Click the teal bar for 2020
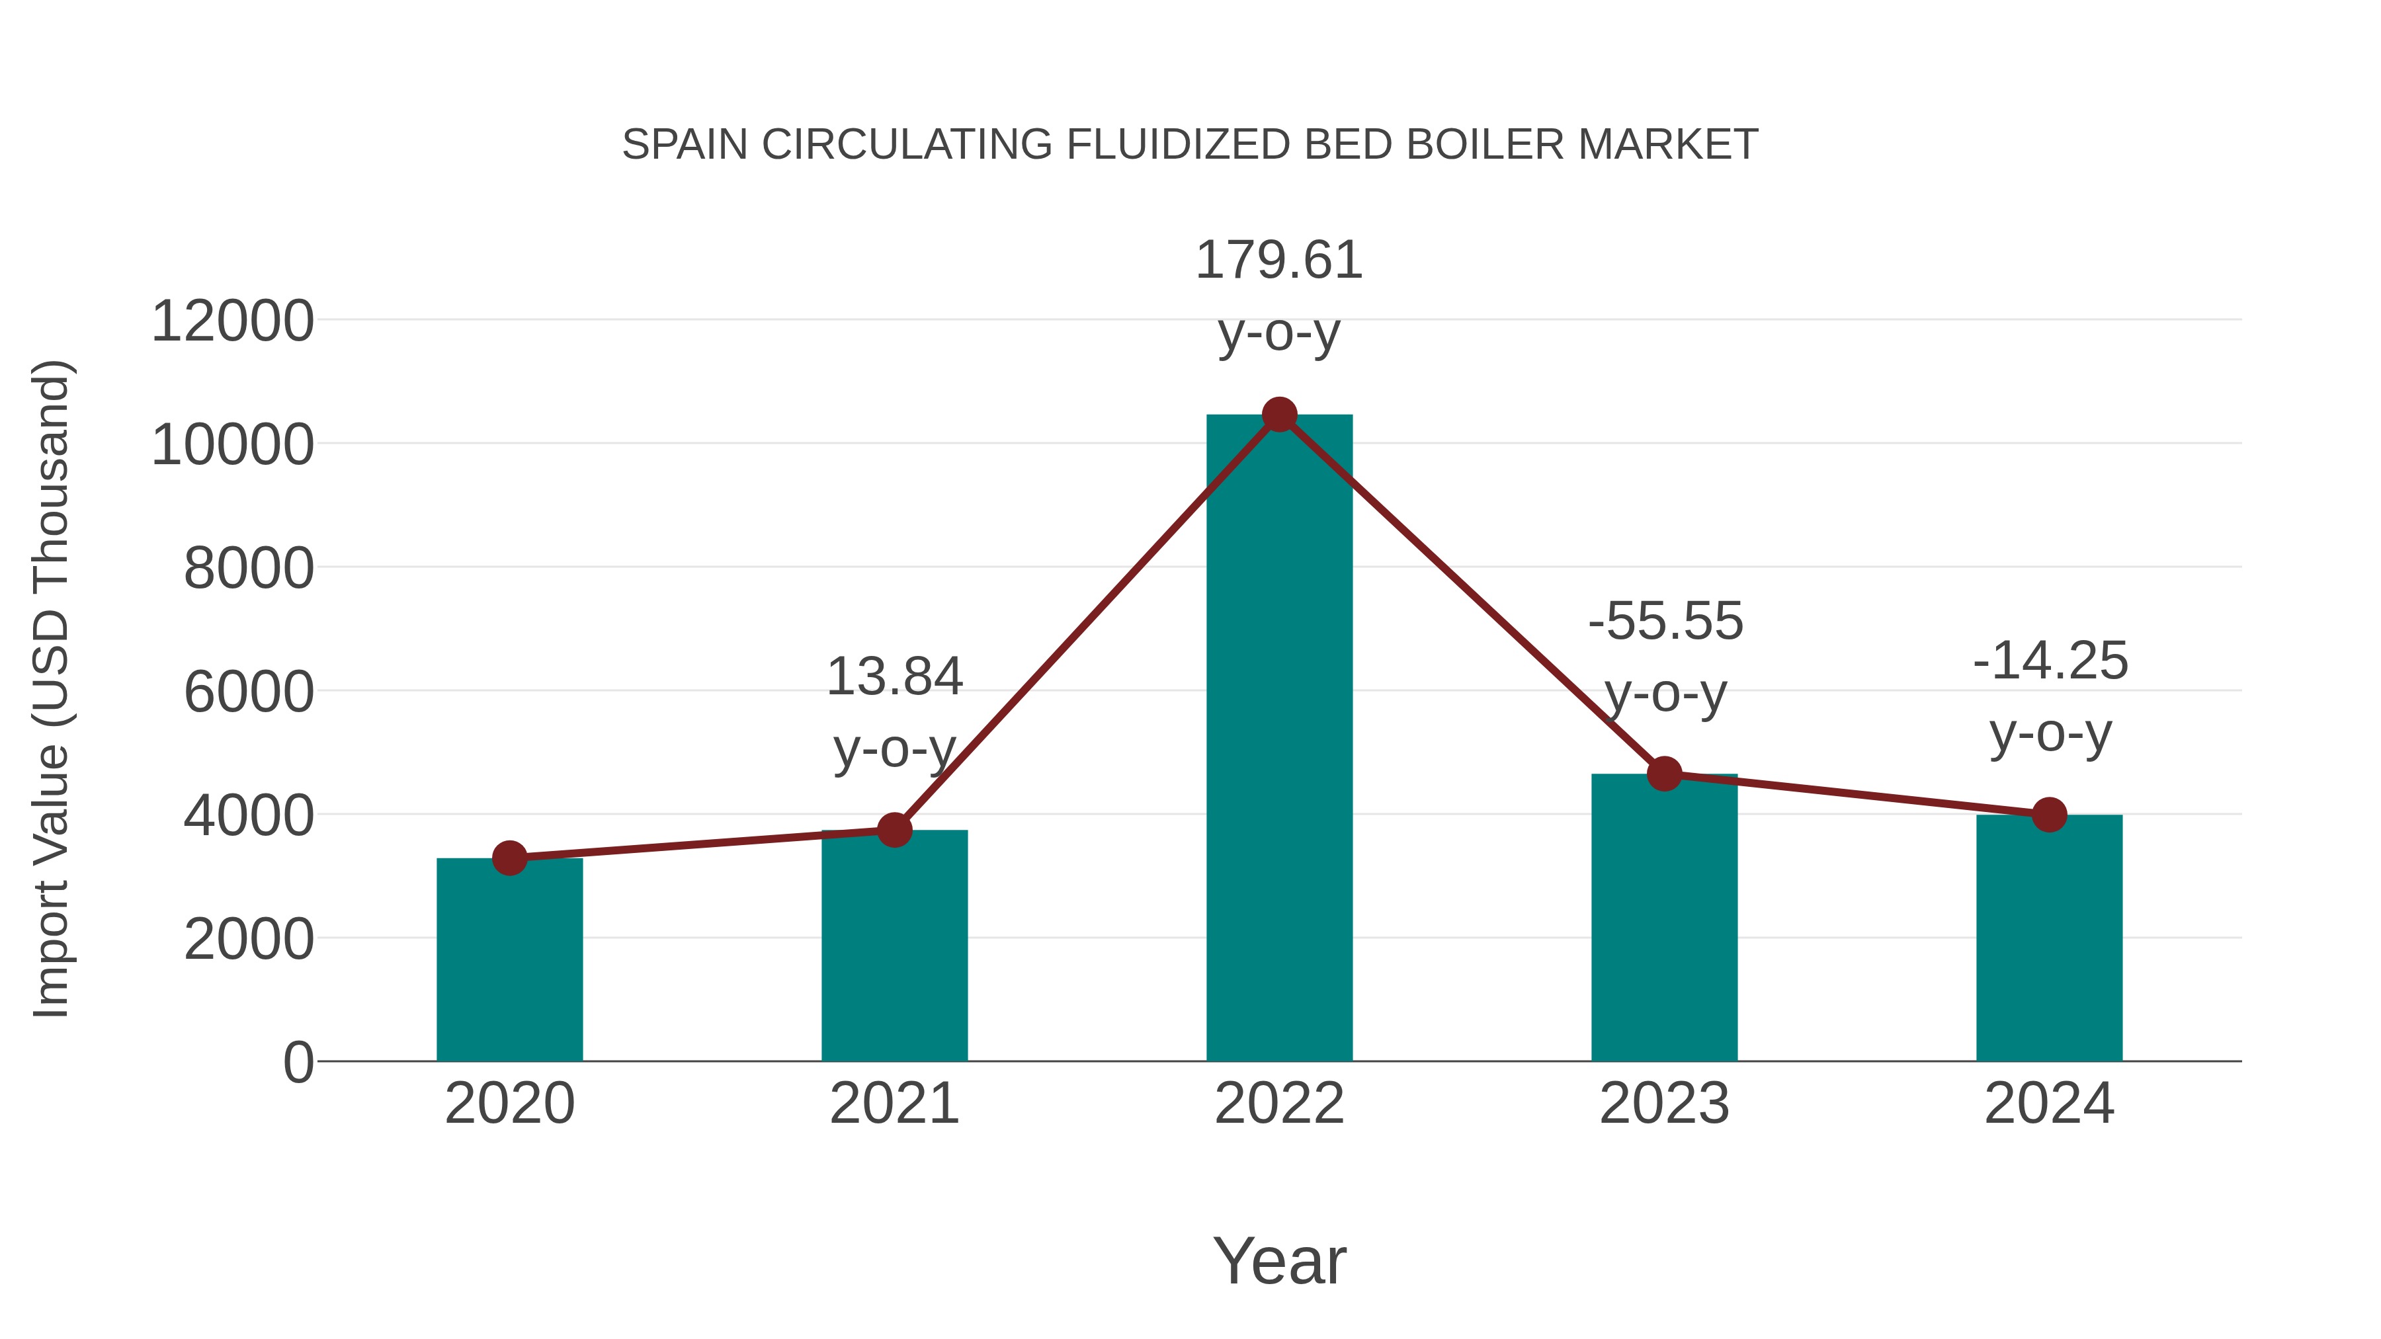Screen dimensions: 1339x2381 click(509, 961)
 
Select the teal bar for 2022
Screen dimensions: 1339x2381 click(1279, 739)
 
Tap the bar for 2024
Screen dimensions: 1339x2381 click(2049, 938)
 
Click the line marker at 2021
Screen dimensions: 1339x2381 click(894, 830)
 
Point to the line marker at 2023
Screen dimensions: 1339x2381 click(1664, 774)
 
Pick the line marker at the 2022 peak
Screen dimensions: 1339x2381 click(1279, 415)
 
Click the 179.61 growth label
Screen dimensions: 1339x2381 click(1279, 260)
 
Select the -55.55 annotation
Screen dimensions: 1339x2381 click(1665, 621)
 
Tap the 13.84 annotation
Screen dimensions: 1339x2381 click(894, 676)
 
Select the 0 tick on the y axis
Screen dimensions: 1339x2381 click(298, 1062)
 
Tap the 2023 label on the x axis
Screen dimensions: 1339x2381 click(1664, 1104)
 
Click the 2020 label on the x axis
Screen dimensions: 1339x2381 click(509, 1104)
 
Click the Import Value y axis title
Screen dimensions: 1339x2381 click(51, 688)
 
